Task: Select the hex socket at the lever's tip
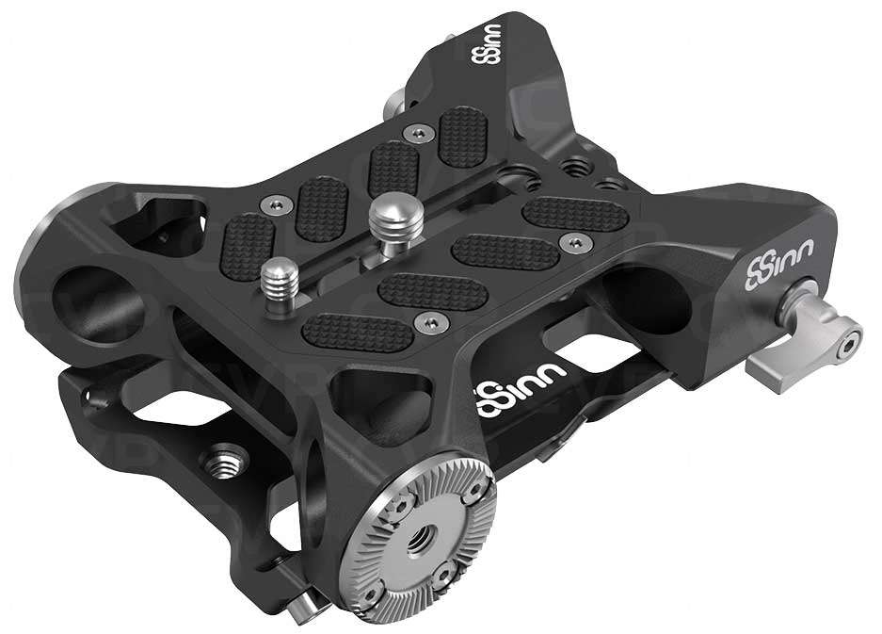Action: pos(852,331)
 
